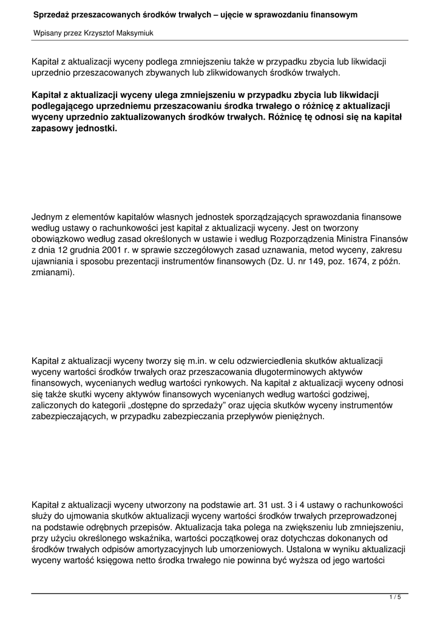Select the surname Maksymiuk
(x=136, y=33)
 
